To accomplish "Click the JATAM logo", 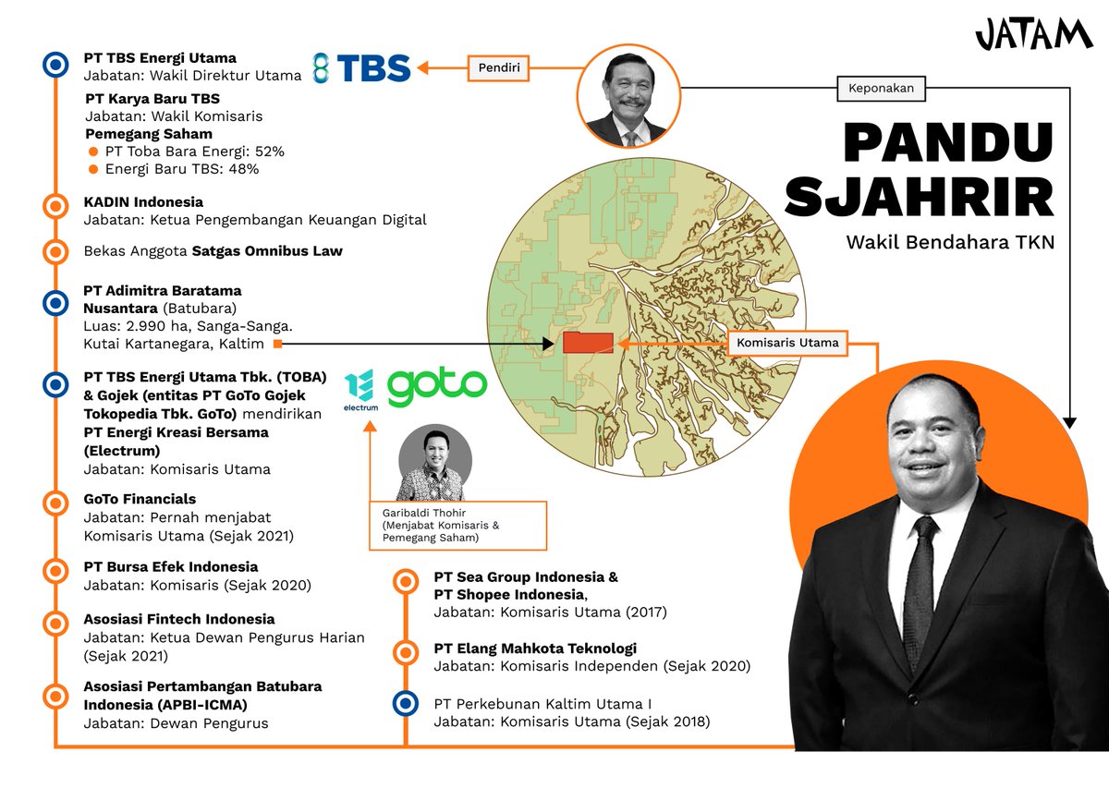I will click(x=1033, y=36).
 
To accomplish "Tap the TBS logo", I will click(x=361, y=68).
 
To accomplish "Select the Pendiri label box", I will click(x=498, y=67).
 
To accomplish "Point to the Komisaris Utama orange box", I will click(x=787, y=343).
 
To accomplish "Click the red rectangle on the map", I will click(x=588, y=343).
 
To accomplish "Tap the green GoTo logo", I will click(x=436, y=388).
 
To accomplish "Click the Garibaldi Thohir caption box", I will click(x=457, y=526).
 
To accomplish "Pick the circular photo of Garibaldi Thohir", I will click(x=435, y=463).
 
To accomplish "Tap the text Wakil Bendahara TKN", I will click(x=950, y=243).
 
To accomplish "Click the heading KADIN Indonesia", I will click(x=143, y=201).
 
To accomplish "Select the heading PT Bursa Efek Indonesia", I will click(x=171, y=566).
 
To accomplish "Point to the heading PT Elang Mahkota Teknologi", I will click(x=535, y=649).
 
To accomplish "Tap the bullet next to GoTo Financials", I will click(x=55, y=503).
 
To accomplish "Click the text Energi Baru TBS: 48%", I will click(x=181, y=169).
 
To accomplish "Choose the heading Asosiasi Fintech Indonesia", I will click(x=178, y=619).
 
